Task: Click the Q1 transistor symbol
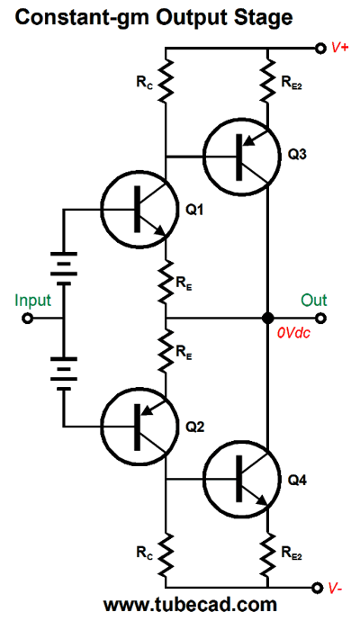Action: click(139, 209)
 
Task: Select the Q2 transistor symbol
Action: click(139, 427)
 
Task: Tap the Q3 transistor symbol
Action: click(240, 157)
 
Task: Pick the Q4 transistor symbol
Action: click(240, 479)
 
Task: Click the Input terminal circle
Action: click(27, 318)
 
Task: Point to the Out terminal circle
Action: click(321, 318)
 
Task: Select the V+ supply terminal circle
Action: click(319, 48)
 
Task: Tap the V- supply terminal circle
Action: click(317, 588)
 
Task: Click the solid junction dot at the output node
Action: click(268, 318)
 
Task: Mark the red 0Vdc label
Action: click(293, 333)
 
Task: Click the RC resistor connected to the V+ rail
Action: click(166, 80)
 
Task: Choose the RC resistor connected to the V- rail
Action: click(166, 554)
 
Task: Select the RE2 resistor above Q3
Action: click(268, 80)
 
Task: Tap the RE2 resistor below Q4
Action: click(268, 554)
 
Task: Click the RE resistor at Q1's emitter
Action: click(166, 282)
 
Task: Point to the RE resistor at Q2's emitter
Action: click(166, 350)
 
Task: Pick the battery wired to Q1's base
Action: click(63, 268)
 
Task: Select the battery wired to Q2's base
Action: click(63, 373)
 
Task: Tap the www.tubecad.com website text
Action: click(190, 606)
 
